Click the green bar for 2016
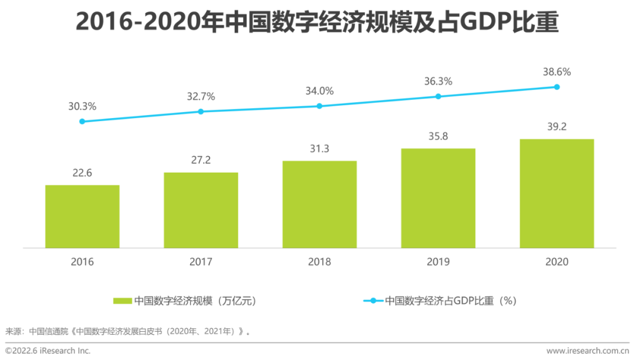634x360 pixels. tap(82, 216)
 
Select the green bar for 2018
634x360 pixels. tap(319, 204)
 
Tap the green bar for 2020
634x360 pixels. tap(557, 193)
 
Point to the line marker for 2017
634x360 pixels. tap(201, 112)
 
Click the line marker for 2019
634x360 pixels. tap(438, 96)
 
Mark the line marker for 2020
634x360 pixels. tap(557, 87)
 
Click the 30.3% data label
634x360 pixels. tap(82, 106)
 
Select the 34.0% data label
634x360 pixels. tap(319, 91)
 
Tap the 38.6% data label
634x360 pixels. tap(557, 72)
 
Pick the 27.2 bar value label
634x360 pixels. tap(201, 160)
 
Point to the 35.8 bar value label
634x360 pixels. tap(438, 136)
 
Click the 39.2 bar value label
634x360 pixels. tap(557, 127)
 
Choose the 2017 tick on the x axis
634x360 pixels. tap(201, 262)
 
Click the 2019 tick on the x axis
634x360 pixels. tap(438, 262)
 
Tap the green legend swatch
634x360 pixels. tap(122, 301)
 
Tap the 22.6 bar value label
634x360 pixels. tap(82, 173)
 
